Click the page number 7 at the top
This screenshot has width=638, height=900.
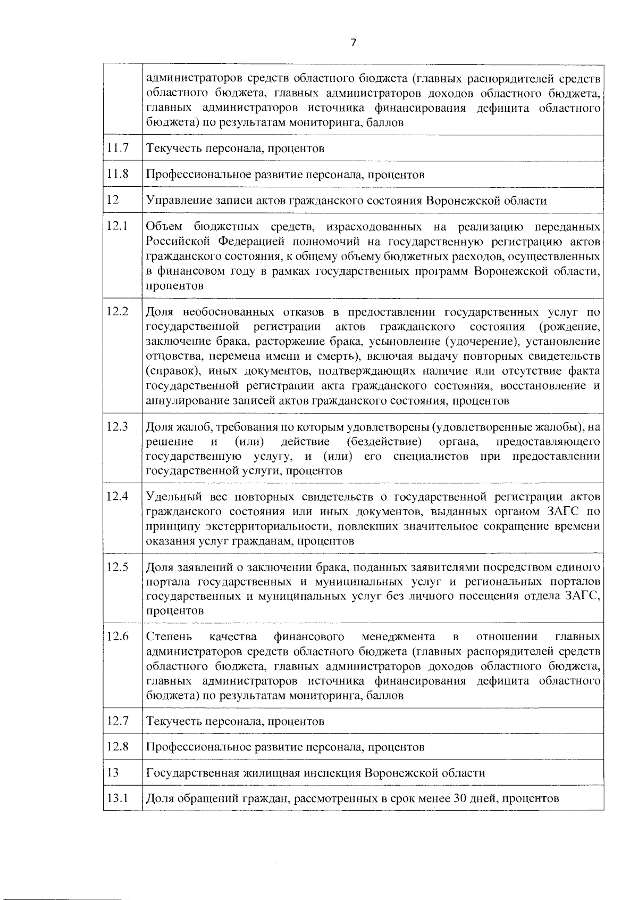[x=354, y=43]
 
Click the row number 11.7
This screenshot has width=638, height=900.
[x=117, y=148]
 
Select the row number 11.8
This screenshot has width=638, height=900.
[x=117, y=174]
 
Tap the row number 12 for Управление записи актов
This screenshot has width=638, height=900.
[x=112, y=200]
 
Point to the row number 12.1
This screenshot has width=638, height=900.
[x=117, y=226]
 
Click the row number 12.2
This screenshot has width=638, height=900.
[x=117, y=312]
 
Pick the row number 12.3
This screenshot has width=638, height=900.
[x=117, y=426]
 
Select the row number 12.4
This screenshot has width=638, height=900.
[x=117, y=497]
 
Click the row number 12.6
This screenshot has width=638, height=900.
[x=117, y=637]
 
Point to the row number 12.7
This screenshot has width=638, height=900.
[x=117, y=721]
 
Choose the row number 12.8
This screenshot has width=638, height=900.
[x=117, y=747]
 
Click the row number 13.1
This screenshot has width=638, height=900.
[x=117, y=798]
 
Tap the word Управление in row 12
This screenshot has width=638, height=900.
[x=172, y=201]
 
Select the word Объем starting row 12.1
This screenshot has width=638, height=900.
[x=164, y=227]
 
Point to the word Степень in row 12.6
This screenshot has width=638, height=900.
[x=165, y=637]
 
